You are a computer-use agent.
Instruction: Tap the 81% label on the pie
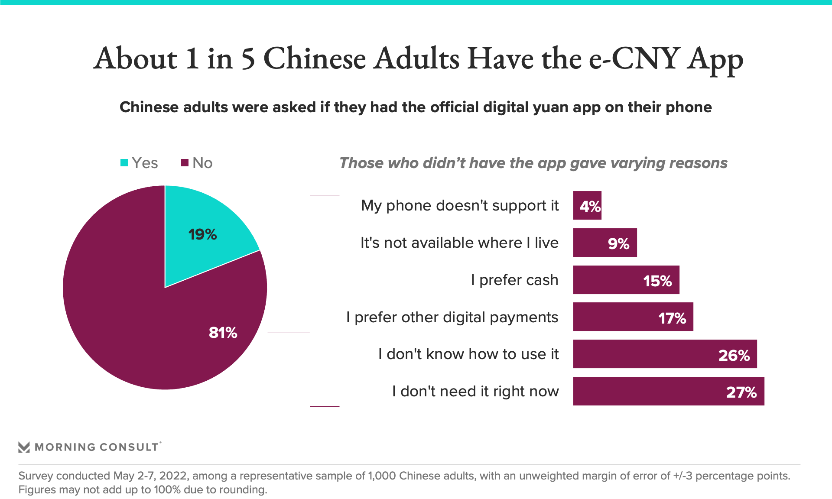[x=223, y=333]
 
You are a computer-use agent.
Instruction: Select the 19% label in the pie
[x=202, y=234]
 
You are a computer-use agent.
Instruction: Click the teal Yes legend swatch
[x=124, y=163]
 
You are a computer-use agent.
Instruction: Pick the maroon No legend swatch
[x=185, y=163]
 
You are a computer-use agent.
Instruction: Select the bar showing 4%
[x=587, y=205]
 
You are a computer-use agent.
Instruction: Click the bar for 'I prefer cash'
[x=626, y=280]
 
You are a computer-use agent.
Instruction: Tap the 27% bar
[x=668, y=391]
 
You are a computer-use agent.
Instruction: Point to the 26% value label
[x=734, y=355]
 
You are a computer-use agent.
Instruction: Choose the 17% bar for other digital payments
[x=633, y=317]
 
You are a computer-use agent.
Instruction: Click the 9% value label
[x=618, y=243]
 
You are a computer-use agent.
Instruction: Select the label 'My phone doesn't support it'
[x=460, y=205]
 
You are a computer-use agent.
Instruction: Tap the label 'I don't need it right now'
[x=475, y=391]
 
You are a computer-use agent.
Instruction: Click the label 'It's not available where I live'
[x=459, y=243]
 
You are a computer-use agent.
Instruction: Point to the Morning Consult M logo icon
[x=24, y=447]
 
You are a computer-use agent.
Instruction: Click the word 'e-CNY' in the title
[x=634, y=58]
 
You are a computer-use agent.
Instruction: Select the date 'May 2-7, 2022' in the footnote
[x=150, y=476]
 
